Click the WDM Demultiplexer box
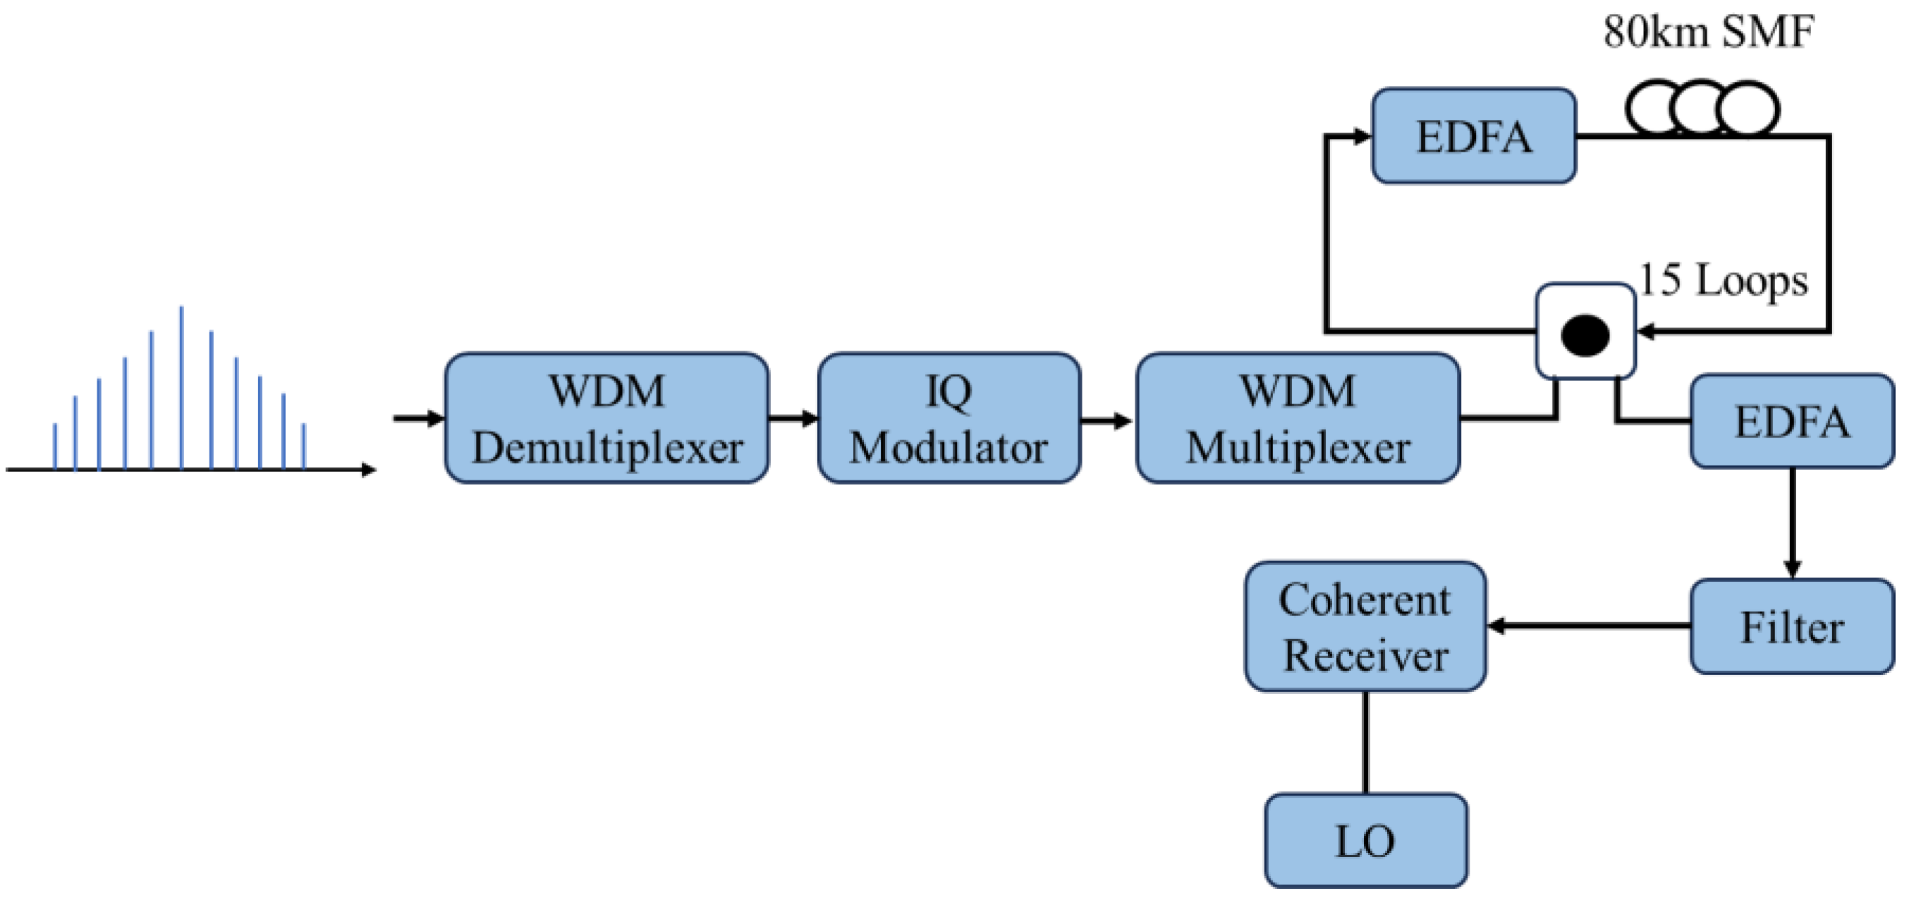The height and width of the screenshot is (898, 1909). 606,419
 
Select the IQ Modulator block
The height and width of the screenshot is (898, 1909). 949,419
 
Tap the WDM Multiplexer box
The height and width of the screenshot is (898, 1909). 1298,419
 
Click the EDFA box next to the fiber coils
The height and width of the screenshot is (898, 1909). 1473,136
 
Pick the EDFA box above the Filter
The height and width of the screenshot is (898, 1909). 1791,421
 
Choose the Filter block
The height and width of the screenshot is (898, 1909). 1791,626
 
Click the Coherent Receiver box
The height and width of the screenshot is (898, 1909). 1365,626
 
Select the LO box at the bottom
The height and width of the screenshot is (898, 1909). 1365,841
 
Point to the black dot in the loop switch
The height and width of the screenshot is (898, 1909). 1585,335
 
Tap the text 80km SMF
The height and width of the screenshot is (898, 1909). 1708,32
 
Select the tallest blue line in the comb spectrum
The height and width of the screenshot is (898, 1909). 181,386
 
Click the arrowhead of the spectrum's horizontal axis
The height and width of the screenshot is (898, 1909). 368,469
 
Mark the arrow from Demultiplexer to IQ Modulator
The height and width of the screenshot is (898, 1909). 793,419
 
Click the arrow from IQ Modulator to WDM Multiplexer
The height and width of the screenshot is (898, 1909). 1106,421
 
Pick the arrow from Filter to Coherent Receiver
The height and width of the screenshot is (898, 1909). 1586,626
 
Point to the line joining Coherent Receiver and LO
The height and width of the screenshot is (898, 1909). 1365,741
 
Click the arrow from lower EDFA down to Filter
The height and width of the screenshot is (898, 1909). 1791,523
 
